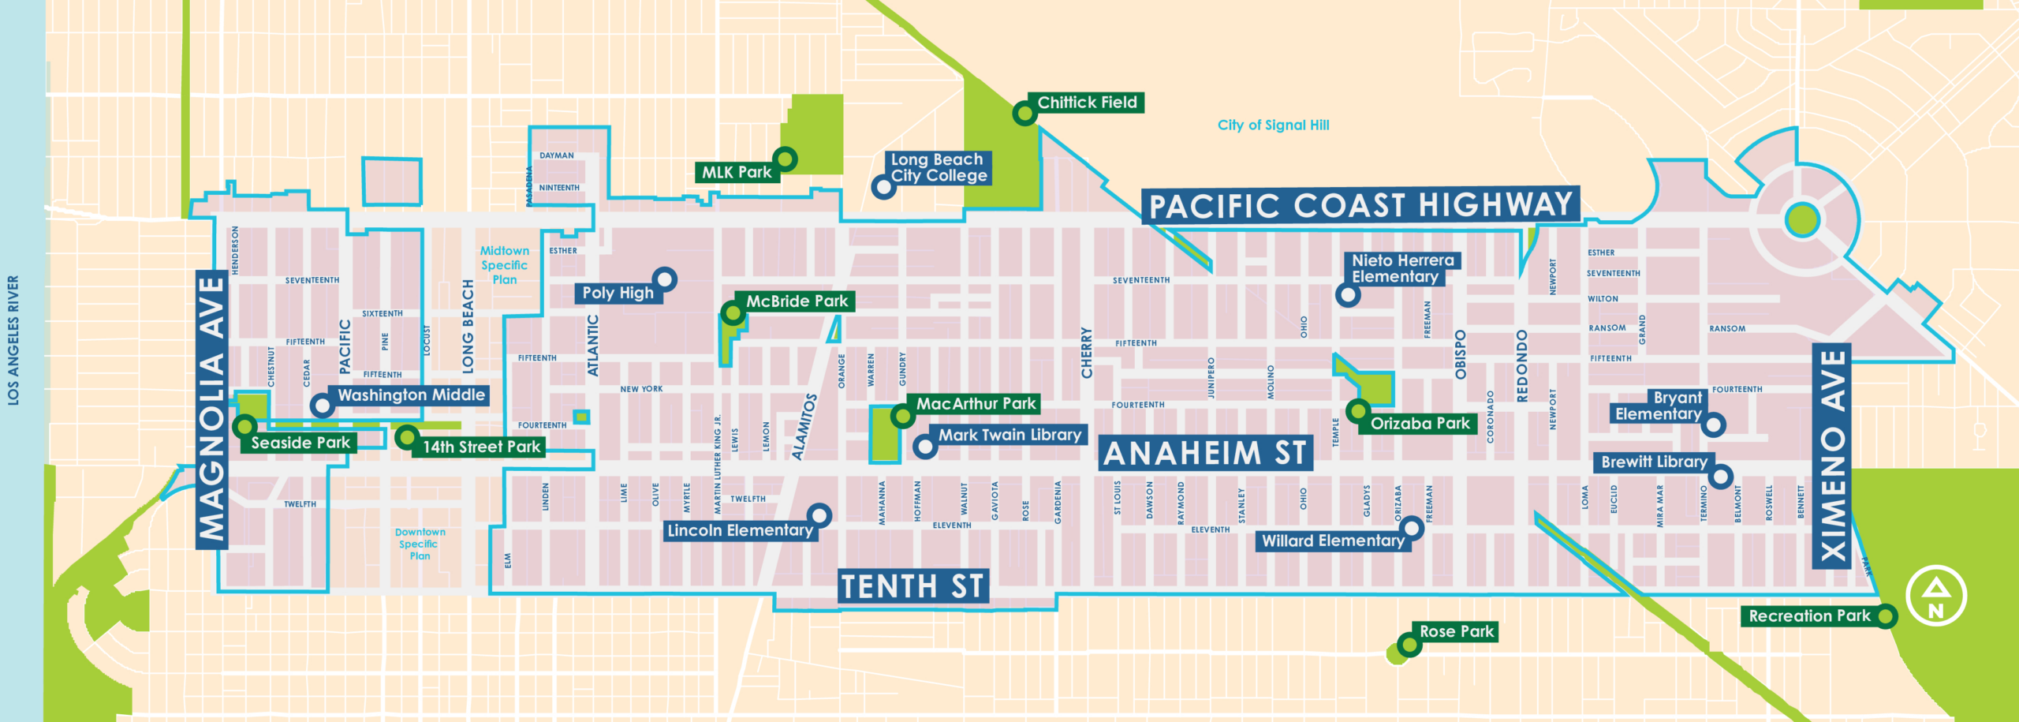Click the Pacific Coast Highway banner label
(x=1360, y=206)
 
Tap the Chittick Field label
(x=1087, y=103)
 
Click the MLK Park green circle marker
(x=785, y=159)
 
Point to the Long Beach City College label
(x=939, y=168)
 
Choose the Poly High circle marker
(x=665, y=279)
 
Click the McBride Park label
(x=797, y=301)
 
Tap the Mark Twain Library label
(x=1009, y=435)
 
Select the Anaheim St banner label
(x=1205, y=454)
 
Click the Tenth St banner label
(x=912, y=587)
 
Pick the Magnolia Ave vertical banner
(x=212, y=410)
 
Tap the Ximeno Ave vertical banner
(x=1831, y=456)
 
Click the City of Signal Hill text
(x=1273, y=125)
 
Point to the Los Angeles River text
(x=13, y=340)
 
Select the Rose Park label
(x=1456, y=631)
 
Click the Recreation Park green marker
(x=1885, y=615)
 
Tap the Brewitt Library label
(x=1654, y=462)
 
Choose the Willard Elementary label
(x=1333, y=541)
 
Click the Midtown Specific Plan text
(x=505, y=265)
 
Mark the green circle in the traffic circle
(x=1802, y=220)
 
